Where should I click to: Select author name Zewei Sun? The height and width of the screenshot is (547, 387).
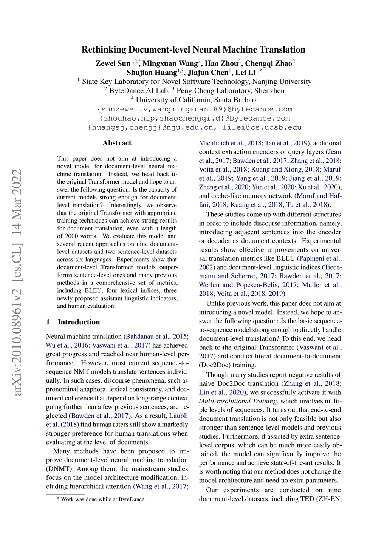coord(113,63)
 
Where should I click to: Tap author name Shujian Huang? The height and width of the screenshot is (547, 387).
coord(152,73)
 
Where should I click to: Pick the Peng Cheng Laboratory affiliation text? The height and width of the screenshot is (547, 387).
coord(230,91)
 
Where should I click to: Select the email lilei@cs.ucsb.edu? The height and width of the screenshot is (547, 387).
coord(262,127)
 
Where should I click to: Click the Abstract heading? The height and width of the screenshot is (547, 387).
coord(117,143)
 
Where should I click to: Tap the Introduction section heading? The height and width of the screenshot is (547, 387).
coord(79,322)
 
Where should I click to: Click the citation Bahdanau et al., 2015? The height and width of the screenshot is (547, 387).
coord(156,336)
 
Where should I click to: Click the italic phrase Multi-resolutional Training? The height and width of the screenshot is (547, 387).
coord(238,401)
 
